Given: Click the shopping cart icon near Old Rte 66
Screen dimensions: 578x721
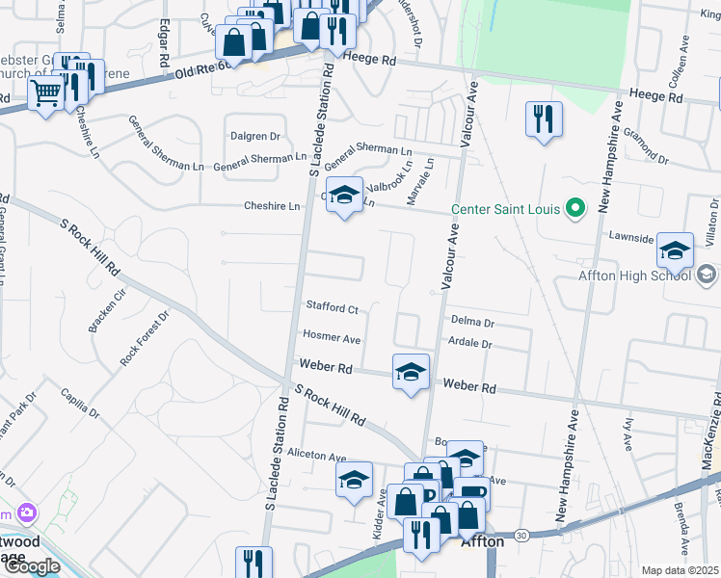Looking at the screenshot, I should [45, 95].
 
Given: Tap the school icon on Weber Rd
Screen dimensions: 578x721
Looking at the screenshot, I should [411, 373].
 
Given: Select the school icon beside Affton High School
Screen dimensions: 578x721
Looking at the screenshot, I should [675, 251].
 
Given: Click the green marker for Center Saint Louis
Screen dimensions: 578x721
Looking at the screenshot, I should [575, 207].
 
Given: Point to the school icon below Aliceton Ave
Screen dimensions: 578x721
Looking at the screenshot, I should [354, 480].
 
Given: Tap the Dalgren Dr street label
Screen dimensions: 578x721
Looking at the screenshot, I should [254, 136].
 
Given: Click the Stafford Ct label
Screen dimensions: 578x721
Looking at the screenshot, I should [332, 308].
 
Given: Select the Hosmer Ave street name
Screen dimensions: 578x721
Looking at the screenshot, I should [331, 338].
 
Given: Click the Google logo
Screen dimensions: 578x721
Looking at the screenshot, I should [32, 565].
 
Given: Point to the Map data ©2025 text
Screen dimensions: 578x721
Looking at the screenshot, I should [680, 570].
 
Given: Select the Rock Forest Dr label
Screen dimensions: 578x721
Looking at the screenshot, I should [145, 336].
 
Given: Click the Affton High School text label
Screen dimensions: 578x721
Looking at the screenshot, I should [632, 276].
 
